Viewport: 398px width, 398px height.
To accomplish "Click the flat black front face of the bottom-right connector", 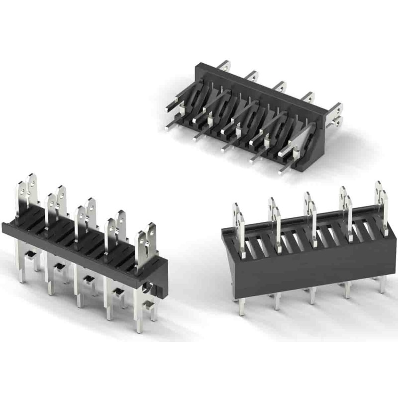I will [308, 269].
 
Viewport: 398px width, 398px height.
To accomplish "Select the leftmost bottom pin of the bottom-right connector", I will [241, 306].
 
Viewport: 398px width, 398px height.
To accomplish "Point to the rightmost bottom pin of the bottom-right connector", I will [382, 286].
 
